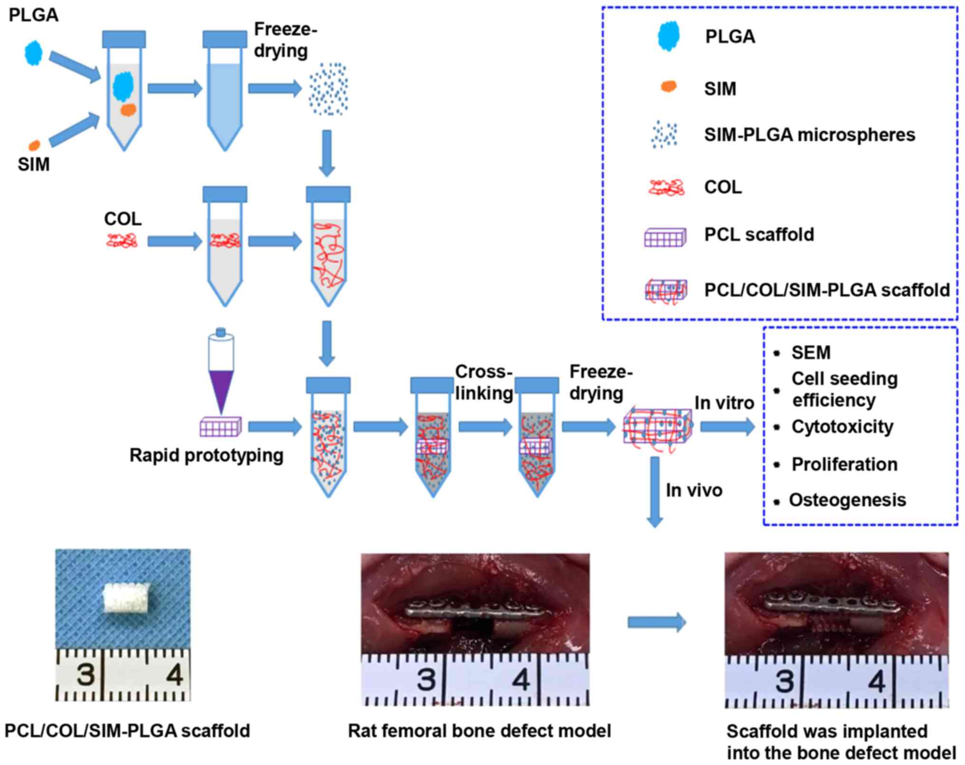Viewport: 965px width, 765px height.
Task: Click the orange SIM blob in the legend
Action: (x=669, y=86)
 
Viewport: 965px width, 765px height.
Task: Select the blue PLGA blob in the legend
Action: (x=669, y=36)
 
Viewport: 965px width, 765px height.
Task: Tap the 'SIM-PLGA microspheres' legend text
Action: (x=809, y=135)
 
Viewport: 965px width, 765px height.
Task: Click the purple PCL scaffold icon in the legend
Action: (x=665, y=237)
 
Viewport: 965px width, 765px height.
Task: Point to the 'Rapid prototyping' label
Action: (x=206, y=455)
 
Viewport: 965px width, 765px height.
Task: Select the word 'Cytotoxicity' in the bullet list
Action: (x=842, y=427)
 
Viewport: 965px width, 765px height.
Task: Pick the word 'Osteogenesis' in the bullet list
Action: (x=847, y=500)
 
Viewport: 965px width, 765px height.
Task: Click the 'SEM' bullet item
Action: (x=811, y=353)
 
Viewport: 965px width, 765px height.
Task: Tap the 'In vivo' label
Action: (x=694, y=490)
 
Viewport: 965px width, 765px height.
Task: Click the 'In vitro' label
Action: (x=724, y=403)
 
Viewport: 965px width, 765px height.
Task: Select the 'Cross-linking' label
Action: (x=484, y=382)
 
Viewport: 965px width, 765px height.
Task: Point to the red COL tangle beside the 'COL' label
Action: (x=122, y=240)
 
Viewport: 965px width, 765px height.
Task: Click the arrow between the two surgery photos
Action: (x=657, y=622)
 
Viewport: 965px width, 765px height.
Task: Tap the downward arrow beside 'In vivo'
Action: (x=655, y=492)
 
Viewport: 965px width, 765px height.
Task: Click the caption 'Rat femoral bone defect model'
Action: (x=479, y=731)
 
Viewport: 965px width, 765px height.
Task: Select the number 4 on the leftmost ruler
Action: (x=174, y=674)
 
